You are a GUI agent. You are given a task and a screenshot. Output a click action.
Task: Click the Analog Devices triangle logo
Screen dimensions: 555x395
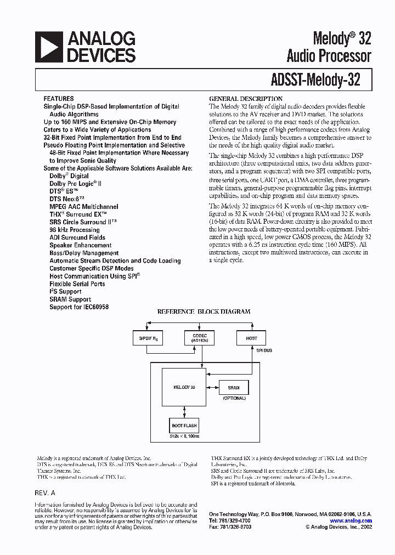point(48,47)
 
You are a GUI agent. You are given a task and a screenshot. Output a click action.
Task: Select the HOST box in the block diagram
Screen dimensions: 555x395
point(251,338)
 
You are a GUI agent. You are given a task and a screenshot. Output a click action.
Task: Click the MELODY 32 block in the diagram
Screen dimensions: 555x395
point(185,387)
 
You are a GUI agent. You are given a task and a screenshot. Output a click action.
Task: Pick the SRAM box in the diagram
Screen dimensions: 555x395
point(234,387)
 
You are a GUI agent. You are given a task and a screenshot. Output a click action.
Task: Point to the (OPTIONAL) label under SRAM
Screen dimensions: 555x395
point(234,398)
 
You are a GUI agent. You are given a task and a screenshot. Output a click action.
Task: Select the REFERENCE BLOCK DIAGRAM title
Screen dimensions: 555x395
point(204,312)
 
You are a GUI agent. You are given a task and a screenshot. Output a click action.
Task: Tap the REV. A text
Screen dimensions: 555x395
point(45,493)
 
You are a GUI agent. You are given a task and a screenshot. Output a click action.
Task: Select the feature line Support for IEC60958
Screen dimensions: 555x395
point(79,307)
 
